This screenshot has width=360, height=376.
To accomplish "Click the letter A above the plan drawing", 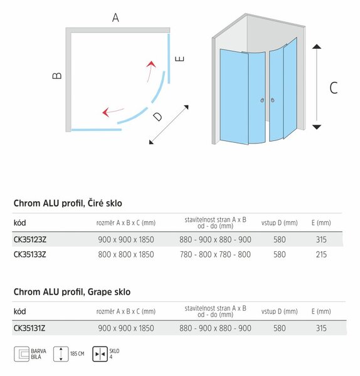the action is click(115, 18).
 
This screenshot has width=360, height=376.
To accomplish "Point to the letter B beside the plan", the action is click(57, 76).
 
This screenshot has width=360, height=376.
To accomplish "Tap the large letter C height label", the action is click(334, 88).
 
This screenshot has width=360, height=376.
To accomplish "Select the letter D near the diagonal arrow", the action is click(157, 117).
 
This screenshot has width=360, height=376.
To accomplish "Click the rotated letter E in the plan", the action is click(180, 59).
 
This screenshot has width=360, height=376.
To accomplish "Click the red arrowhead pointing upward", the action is click(151, 64).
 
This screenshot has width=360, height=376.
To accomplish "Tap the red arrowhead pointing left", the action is click(106, 112).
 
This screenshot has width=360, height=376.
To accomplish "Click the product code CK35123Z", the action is click(30, 239).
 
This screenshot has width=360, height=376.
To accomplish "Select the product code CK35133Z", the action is click(29, 254).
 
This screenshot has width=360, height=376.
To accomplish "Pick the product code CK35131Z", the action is click(29, 328).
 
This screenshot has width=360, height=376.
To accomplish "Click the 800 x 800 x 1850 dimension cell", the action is click(126, 254).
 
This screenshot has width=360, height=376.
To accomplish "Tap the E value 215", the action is click(321, 254).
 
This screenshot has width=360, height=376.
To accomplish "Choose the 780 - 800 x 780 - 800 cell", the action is click(215, 254).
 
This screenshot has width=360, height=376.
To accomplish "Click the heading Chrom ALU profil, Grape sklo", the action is click(72, 292).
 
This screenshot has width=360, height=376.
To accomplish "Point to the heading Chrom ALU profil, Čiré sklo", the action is click(68, 203).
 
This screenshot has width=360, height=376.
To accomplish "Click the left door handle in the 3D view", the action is click(262, 100).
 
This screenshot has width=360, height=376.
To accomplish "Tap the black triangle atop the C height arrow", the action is click(317, 46).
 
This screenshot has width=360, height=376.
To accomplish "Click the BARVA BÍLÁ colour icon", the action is click(21, 354).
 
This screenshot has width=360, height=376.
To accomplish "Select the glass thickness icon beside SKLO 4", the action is click(100, 354).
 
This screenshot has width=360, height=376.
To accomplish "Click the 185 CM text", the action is click(77, 353).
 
